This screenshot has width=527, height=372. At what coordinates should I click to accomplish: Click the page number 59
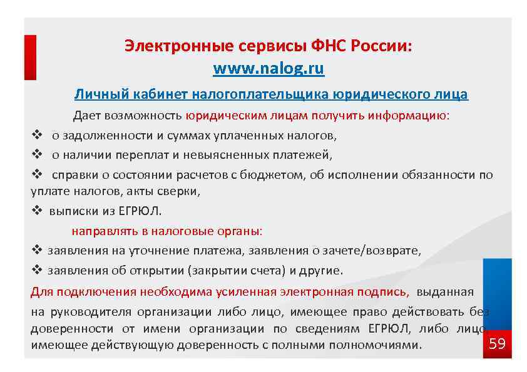click(x=497, y=344)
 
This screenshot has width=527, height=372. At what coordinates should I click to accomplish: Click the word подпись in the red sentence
click(x=386, y=291)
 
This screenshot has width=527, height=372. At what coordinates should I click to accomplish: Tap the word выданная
click(x=445, y=291)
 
